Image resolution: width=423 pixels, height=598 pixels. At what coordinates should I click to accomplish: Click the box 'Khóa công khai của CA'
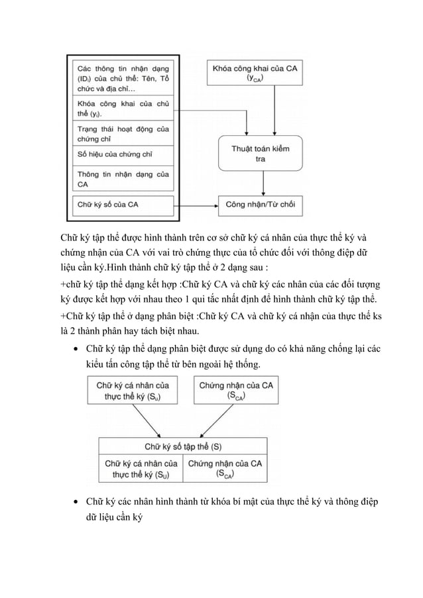tap(255, 72)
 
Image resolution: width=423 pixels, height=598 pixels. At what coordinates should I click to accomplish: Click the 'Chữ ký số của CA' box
tap(123, 205)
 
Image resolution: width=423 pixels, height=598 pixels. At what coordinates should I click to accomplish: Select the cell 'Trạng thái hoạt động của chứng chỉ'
tap(123, 133)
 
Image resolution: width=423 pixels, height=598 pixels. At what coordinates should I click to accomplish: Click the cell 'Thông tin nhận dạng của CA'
tap(123, 179)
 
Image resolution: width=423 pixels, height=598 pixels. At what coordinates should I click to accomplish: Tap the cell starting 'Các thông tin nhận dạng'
tap(123, 77)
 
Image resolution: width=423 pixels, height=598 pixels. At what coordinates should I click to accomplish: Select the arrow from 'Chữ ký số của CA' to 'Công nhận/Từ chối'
tap(196, 205)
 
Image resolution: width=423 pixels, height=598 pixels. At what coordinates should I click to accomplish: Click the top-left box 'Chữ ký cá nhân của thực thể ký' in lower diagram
tap(132, 390)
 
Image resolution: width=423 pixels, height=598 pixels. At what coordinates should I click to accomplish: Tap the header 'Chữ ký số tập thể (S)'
tap(184, 446)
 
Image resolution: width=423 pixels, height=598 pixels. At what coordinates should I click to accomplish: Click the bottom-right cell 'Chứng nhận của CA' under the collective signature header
tap(225, 468)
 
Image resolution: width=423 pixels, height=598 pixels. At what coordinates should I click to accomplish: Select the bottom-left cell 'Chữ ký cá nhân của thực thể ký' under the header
tap(141, 468)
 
